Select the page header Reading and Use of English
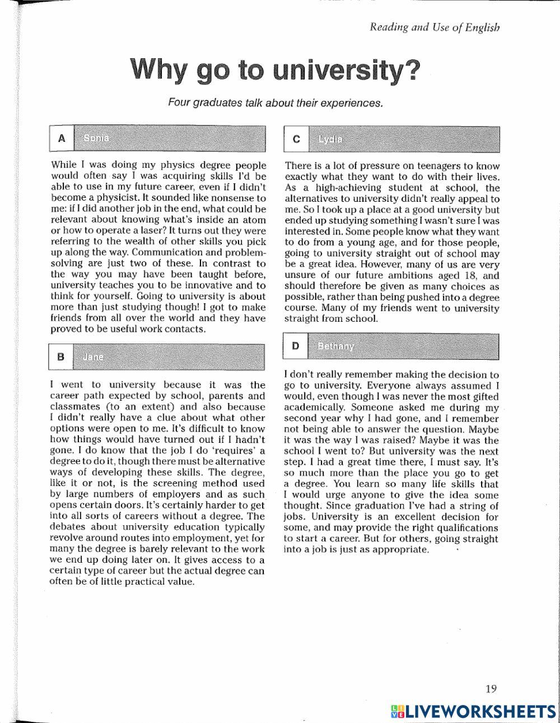tap(435, 27)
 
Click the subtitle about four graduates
tap(276, 103)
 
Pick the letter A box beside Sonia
tap(61, 138)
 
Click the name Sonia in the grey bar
tap(96, 138)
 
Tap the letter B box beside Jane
tap(61, 356)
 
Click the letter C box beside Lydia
tap(296, 139)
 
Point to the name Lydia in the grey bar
tap(330, 139)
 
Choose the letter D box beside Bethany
tap(295, 346)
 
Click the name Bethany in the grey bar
tap(336, 346)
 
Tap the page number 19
tap(491, 689)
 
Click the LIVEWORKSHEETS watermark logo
tap(473, 711)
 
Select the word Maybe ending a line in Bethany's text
tap(483, 429)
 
